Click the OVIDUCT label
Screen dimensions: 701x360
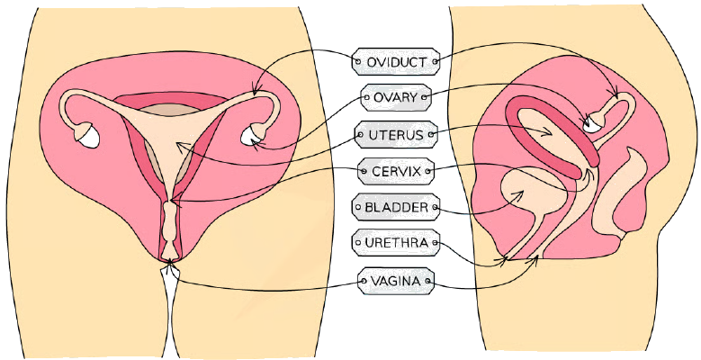(x=396, y=62)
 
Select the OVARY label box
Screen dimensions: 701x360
(x=396, y=97)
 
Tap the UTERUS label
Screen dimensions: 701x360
(x=396, y=134)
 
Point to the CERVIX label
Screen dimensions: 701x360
(x=396, y=171)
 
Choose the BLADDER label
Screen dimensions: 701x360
(x=396, y=207)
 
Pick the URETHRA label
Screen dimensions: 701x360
(x=396, y=243)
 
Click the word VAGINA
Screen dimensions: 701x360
(x=396, y=282)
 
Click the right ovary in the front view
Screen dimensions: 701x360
(x=252, y=135)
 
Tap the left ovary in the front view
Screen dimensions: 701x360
(x=87, y=136)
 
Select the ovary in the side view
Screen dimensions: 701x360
(x=595, y=121)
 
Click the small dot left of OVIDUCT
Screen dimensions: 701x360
(x=357, y=62)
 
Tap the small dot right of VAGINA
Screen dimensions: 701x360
(x=427, y=282)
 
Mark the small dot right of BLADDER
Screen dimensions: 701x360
(x=435, y=207)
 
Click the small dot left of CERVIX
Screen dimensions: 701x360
(x=364, y=171)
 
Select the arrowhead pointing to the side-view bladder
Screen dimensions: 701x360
(x=518, y=194)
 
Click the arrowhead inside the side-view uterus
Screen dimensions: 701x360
(x=548, y=131)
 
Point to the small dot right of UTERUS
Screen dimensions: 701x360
(x=431, y=134)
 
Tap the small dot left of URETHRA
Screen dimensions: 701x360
(x=357, y=243)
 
